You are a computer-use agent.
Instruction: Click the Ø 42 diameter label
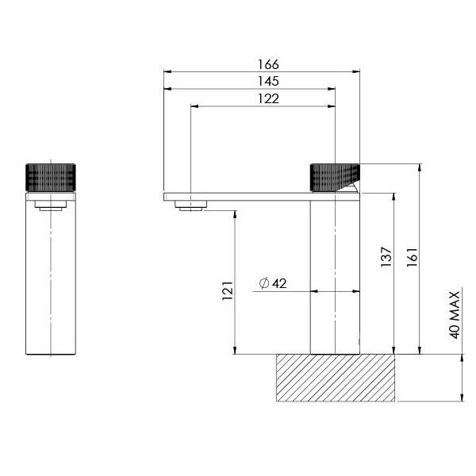pyautogui.click(x=273, y=283)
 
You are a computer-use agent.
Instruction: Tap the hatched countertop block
pyautogui.click(x=334, y=378)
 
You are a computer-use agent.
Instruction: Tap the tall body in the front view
pyautogui.click(x=52, y=278)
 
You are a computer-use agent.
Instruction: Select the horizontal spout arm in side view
pyautogui.click(x=238, y=195)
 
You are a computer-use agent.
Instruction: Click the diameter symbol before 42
pyautogui.click(x=264, y=283)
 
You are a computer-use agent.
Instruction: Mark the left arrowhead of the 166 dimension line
pyautogui.click(x=167, y=72)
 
